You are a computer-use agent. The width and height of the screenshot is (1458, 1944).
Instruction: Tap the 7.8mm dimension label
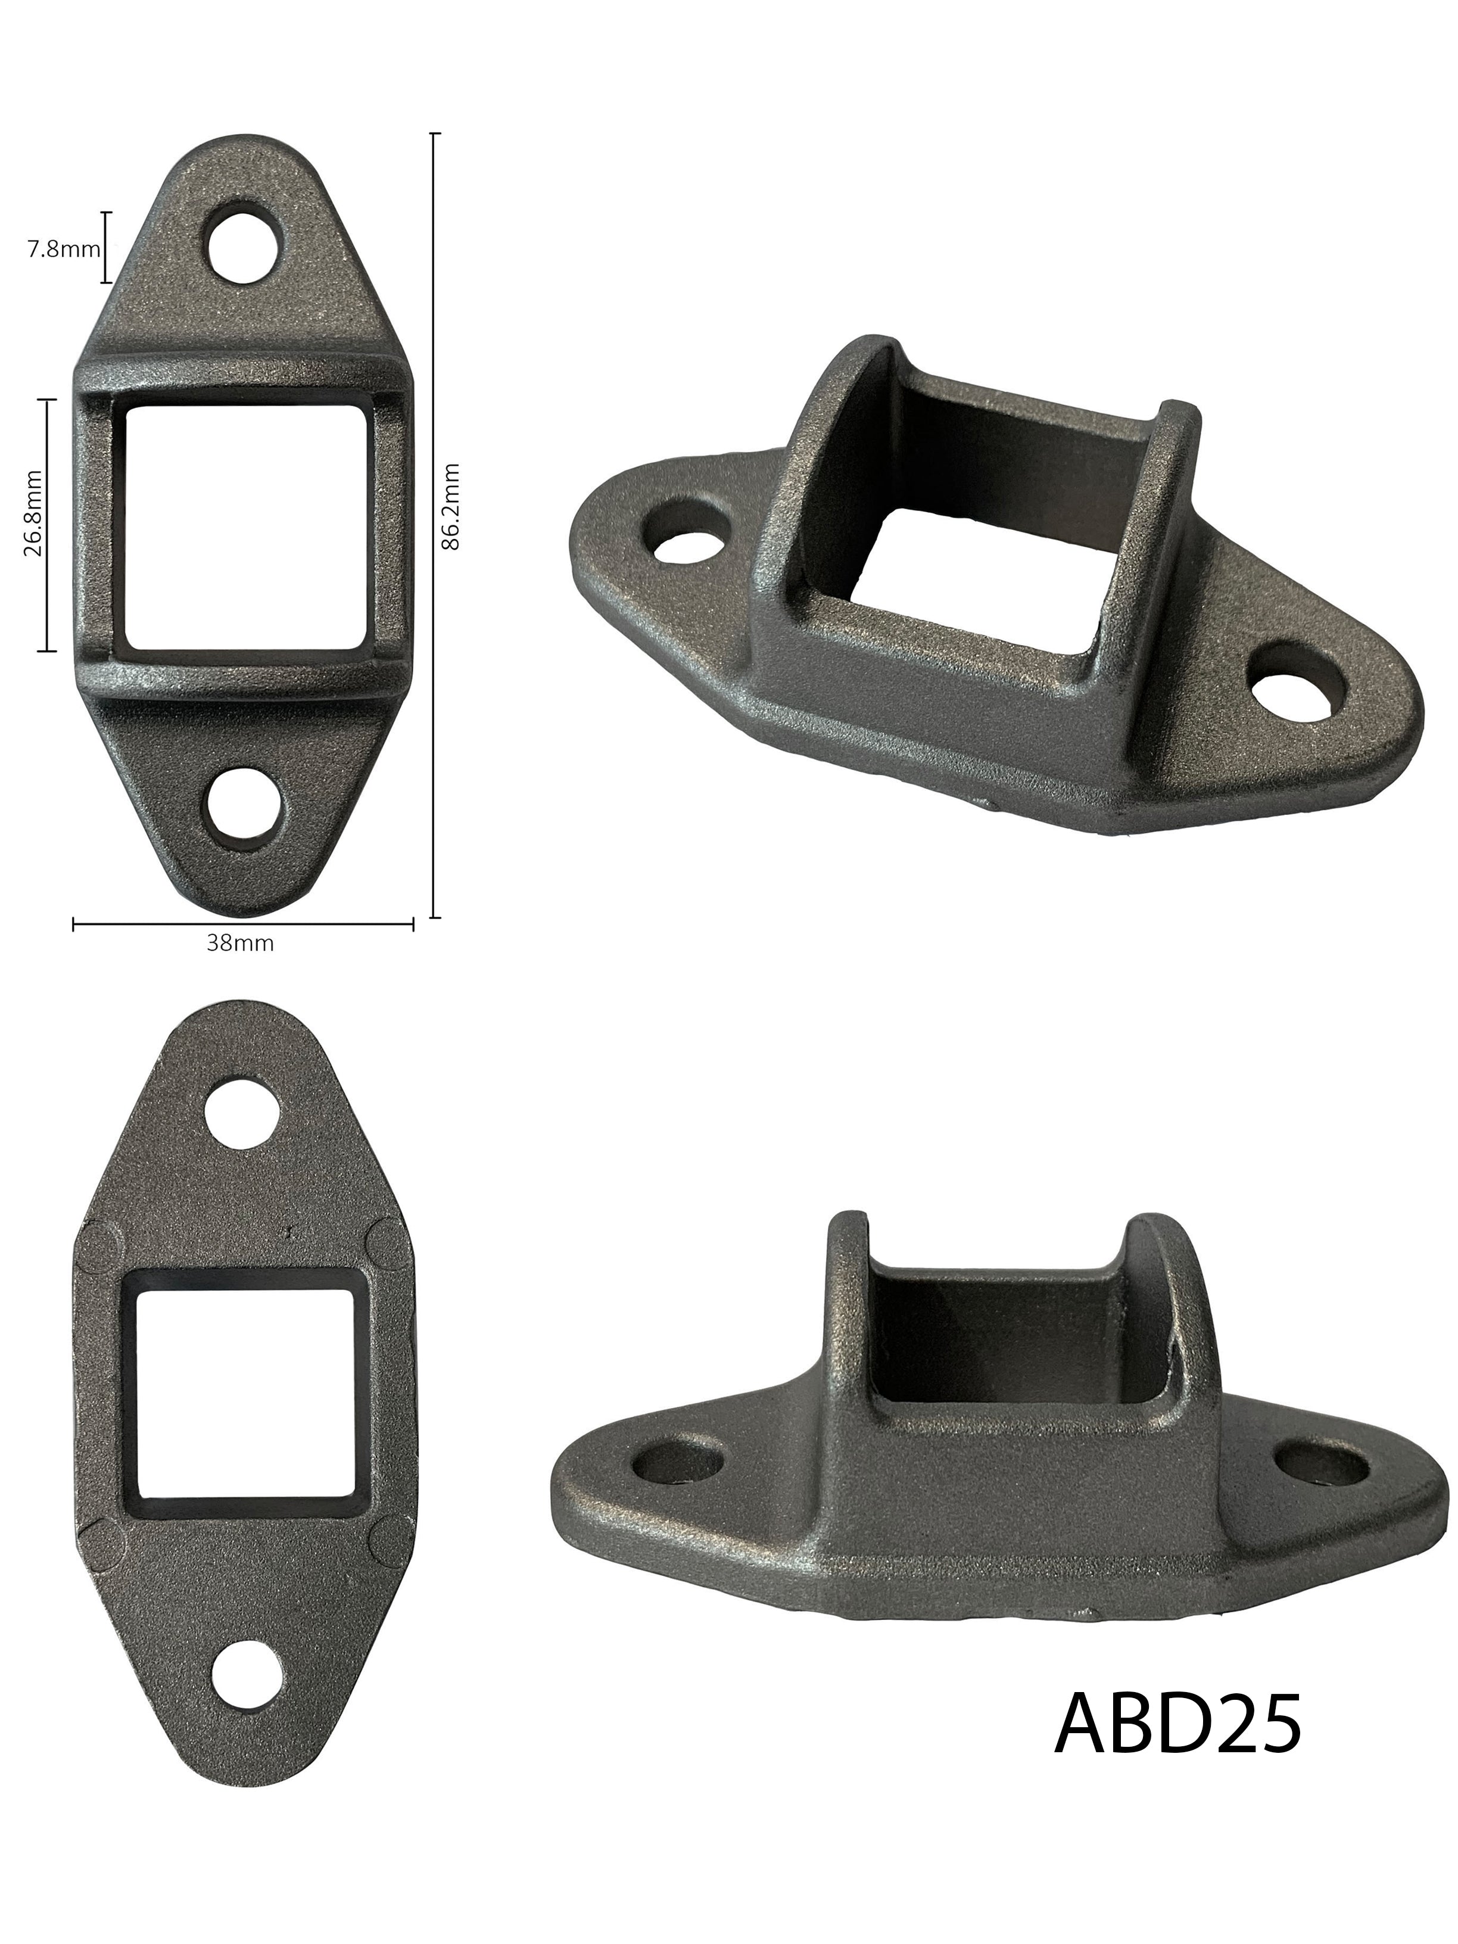(63, 249)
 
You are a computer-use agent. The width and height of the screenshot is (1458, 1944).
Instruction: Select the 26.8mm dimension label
(33, 525)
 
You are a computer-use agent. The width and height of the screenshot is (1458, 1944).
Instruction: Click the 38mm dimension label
(240, 944)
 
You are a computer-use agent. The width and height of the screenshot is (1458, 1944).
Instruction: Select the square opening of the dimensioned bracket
(246, 525)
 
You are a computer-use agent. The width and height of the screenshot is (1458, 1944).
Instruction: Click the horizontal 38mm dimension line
(242, 924)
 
